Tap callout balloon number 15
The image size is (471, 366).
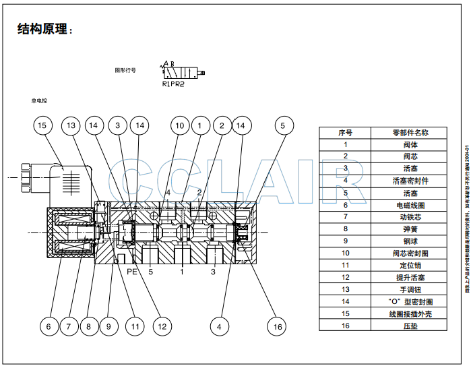pyautogui.click(x=43, y=125)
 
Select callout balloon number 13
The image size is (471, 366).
pyautogui.click(x=72, y=125)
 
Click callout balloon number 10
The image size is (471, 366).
pyautogui.click(x=179, y=125)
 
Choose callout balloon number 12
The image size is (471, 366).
pyautogui.click(x=161, y=327)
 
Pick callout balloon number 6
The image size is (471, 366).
pyautogui.click(x=49, y=327)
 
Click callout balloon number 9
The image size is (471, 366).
pyautogui.click(x=109, y=327)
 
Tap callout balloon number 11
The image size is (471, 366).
pyautogui.click(x=135, y=327)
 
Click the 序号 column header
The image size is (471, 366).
pyautogui.click(x=345, y=133)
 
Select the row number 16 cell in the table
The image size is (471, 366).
pyautogui.click(x=345, y=326)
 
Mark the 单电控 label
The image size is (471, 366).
pyautogui.click(x=39, y=100)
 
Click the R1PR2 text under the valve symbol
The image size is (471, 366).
pyautogui.click(x=173, y=84)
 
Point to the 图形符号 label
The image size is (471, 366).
pyautogui.click(x=125, y=70)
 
